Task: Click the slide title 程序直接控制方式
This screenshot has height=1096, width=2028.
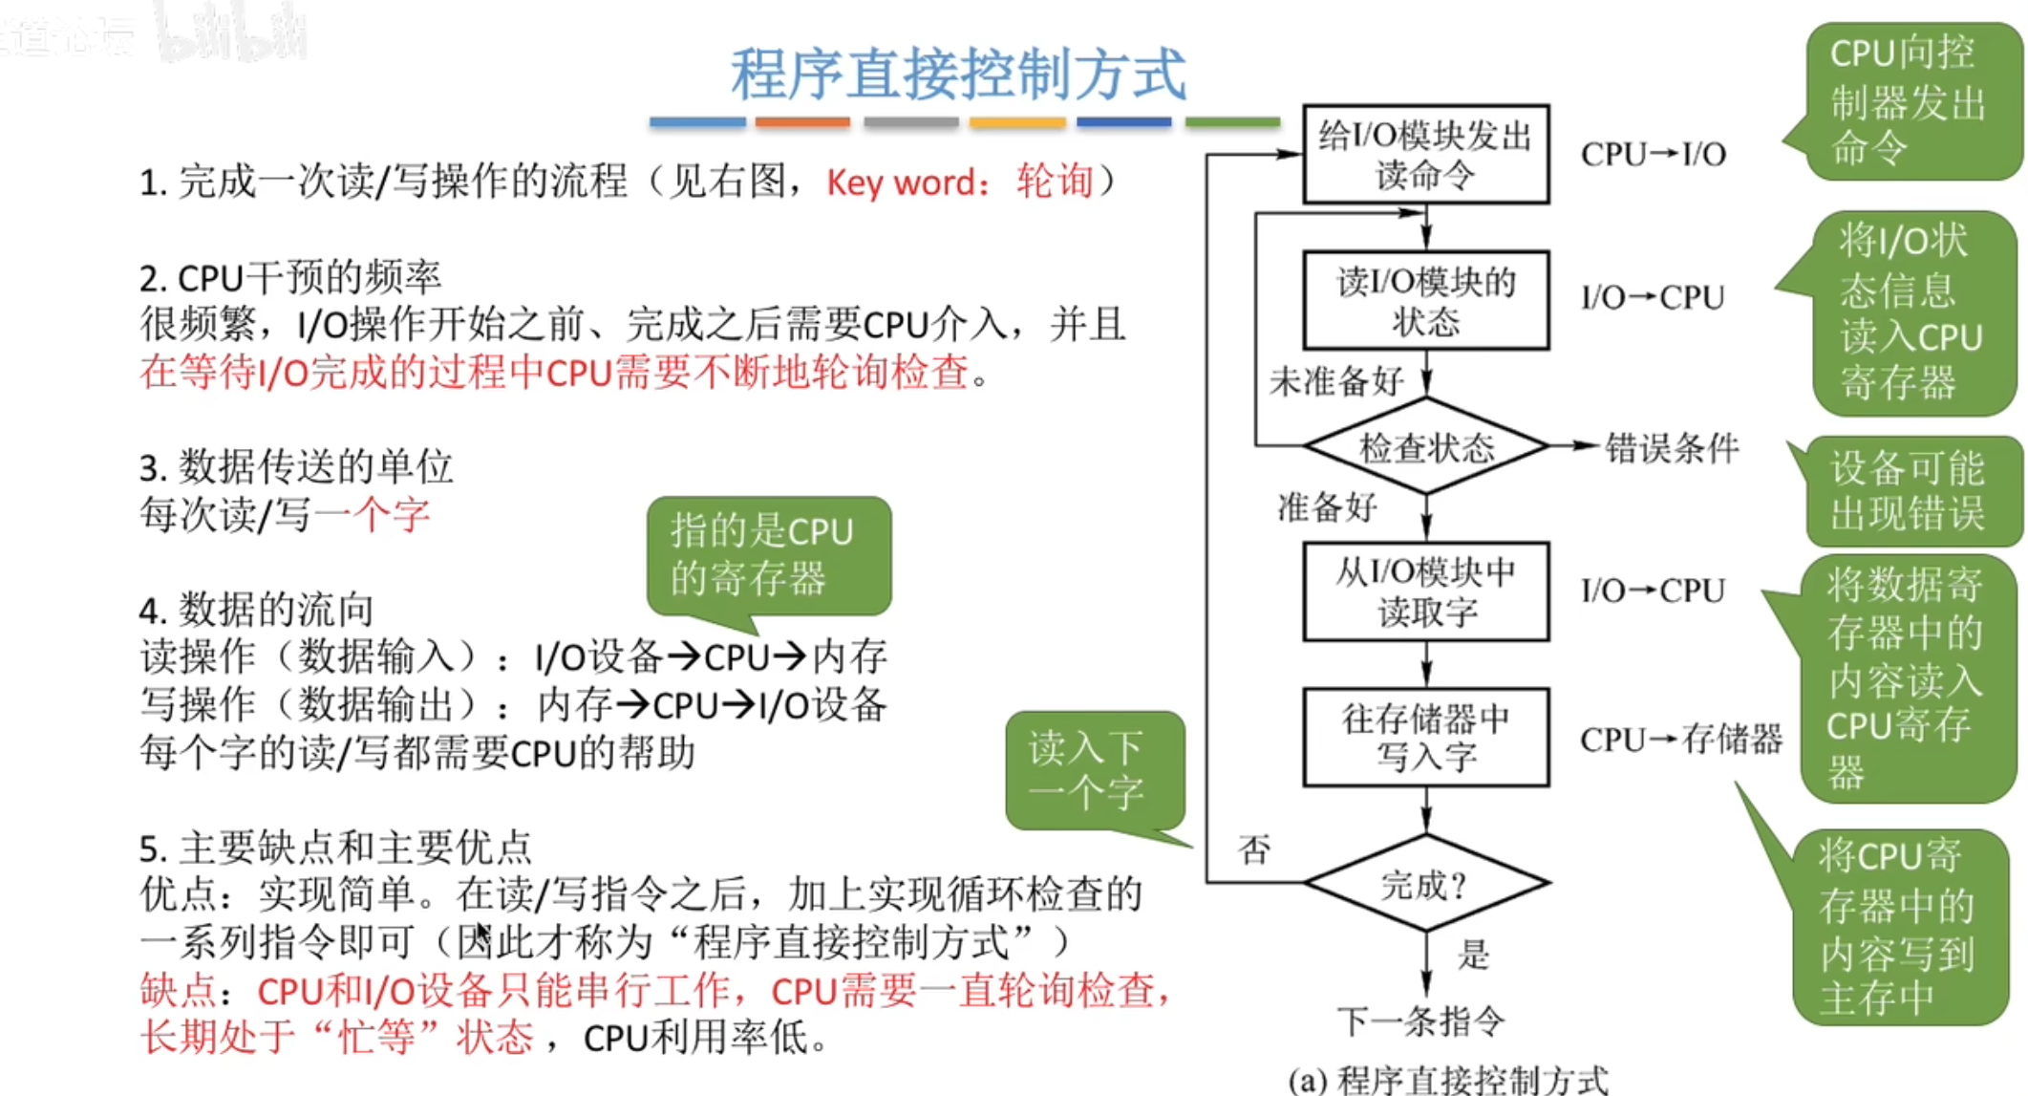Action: (958, 75)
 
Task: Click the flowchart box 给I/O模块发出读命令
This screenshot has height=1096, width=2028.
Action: (1425, 154)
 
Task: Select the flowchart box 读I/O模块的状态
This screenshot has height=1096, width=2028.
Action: (1425, 300)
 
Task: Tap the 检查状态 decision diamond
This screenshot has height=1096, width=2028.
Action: (1425, 447)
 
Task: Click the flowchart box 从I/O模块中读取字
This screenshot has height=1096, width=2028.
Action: (1425, 591)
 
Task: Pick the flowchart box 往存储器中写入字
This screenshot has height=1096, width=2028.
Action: (1425, 737)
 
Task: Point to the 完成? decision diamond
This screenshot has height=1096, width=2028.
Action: (1425, 884)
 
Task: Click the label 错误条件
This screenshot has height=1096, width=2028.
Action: (1671, 447)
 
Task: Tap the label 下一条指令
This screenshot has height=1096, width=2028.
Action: (1420, 1021)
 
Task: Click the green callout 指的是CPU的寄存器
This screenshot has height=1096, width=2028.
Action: (768, 554)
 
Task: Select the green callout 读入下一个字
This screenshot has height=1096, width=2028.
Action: (1094, 770)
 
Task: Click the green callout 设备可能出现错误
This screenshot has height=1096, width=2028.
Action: (1908, 491)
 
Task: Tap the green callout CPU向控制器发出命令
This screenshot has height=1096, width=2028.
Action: (1909, 101)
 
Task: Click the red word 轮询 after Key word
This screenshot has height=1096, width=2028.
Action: (1055, 181)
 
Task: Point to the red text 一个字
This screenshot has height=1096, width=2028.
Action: (372, 515)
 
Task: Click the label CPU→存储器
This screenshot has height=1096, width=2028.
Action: (1680, 739)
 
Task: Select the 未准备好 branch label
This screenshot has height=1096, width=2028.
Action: (1335, 381)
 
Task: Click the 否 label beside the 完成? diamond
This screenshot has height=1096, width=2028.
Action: (1254, 849)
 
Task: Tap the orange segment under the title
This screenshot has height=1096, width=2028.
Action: (802, 122)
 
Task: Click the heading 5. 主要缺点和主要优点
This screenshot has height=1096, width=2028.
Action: (335, 848)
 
